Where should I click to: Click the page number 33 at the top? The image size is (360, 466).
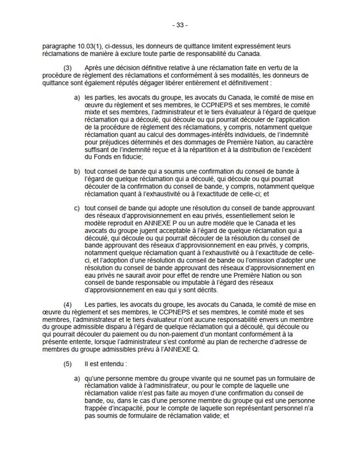click(180, 25)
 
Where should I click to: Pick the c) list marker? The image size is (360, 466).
click(77, 209)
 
